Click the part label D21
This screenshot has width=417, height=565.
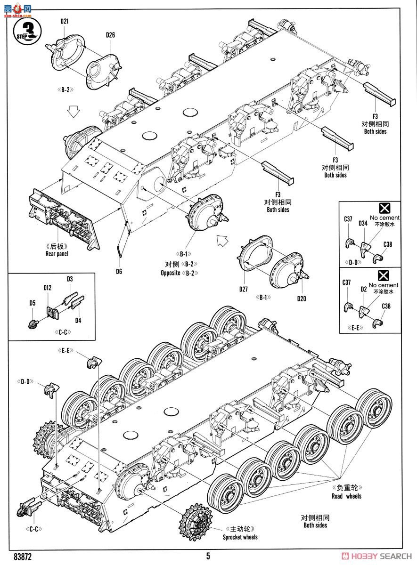[x=65, y=21]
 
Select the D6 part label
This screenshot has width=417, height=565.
[x=119, y=271]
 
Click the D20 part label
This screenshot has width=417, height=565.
[x=302, y=299]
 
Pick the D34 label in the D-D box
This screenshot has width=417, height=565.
[x=362, y=223]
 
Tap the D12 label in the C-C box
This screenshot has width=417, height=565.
[x=48, y=288]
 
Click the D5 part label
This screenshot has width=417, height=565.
[x=33, y=303]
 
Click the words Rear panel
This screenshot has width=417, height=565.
[x=57, y=254]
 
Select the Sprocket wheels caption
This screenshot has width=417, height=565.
[x=240, y=537]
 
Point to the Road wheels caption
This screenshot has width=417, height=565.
[x=346, y=496]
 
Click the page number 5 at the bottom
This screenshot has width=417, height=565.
[x=208, y=556]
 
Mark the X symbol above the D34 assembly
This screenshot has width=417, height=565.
[x=384, y=208]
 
